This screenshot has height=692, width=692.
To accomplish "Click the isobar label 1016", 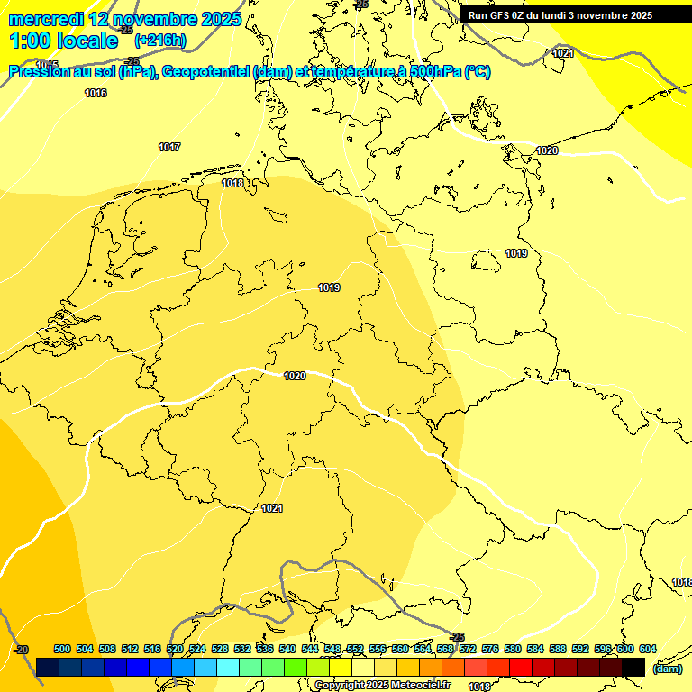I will pyautogui.click(x=96, y=93).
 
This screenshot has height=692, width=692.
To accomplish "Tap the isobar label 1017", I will pyautogui.click(x=169, y=147).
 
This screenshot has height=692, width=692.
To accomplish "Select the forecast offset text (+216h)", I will pyautogui.click(x=159, y=41).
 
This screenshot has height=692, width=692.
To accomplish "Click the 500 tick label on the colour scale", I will pyautogui.click(x=62, y=649).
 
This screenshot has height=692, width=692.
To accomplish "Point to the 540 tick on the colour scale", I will pyautogui.click(x=287, y=649).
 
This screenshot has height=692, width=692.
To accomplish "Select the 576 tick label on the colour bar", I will pyautogui.click(x=490, y=649).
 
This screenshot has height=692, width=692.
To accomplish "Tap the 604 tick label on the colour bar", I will pyautogui.click(x=648, y=649).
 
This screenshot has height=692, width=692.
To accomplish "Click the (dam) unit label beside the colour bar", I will pyautogui.click(x=667, y=669).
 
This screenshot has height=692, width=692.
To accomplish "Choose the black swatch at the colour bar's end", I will pyautogui.click(x=633, y=668).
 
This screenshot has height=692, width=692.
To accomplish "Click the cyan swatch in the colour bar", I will pyautogui.click(x=228, y=668).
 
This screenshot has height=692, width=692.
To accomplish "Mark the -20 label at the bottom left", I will pyautogui.click(x=21, y=650).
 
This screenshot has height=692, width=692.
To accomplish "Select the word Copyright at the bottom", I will pyautogui.click(x=337, y=686).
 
